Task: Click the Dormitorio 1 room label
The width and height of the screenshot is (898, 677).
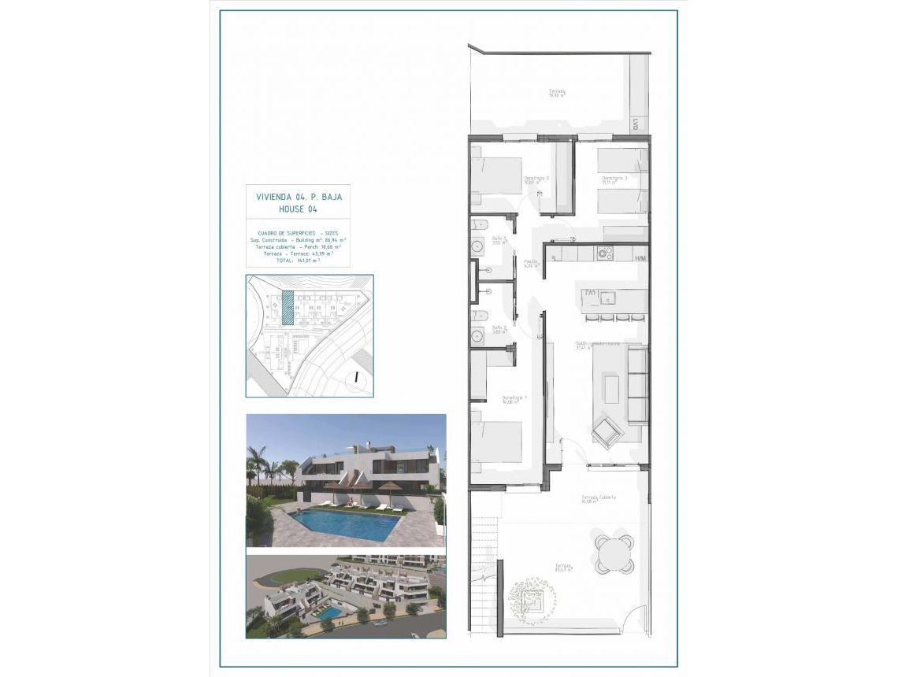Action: click(514, 398)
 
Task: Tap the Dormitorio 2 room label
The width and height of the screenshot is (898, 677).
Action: click(536, 179)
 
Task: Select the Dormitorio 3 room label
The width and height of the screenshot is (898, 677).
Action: click(614, 179)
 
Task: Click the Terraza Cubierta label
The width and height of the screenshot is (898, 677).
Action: click(599, 498)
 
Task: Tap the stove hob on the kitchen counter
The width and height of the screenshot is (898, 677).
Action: click(606, 253)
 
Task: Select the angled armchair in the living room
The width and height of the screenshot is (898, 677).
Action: click(607, 431)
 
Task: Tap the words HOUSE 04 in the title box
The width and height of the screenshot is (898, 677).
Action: click(298, 209)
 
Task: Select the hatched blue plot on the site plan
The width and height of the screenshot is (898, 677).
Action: click(288, 307)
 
